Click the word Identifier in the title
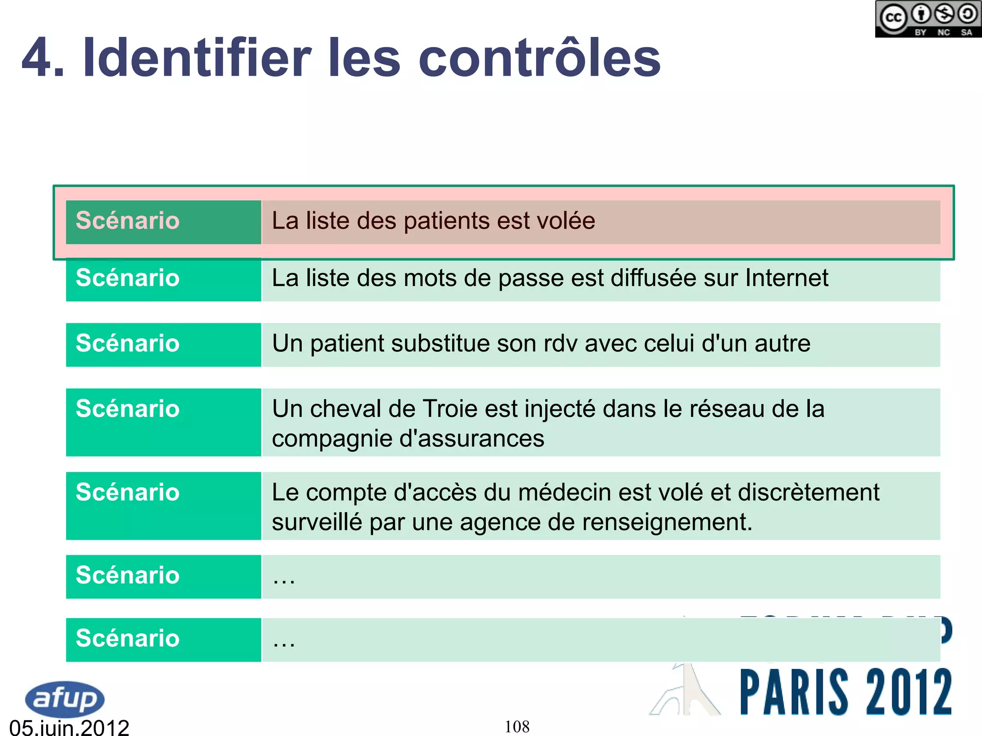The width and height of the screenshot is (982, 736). [x=197, y=58]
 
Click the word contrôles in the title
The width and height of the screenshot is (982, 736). [x=539, y=58]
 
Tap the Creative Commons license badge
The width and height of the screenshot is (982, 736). [x=927, y=19]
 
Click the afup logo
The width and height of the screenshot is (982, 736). [x=65, y=699]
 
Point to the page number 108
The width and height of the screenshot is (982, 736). [x=517, y=726]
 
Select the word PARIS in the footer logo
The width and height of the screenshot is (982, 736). [x=794, y=692]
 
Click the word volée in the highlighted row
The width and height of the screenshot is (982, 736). [x=566, y=221]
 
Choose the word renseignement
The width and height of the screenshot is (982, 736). [x=666, y=522]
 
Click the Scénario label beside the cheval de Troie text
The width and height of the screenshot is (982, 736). [x=128, y=409]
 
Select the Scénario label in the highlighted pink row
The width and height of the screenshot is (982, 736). [x=128, y=221]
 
